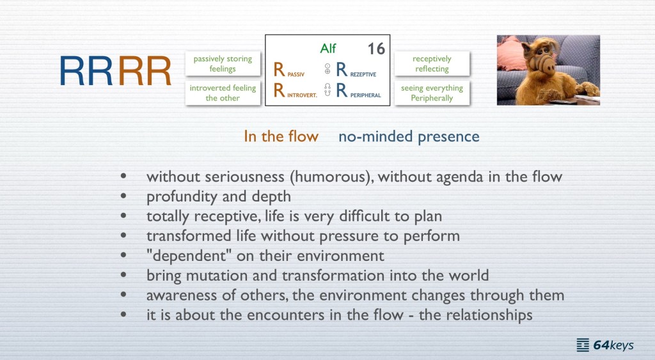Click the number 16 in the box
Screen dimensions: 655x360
coord(376,49)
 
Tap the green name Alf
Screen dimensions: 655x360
coord(328,49)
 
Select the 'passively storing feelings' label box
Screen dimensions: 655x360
coord(223,63)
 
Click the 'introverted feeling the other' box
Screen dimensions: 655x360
coord(223,93)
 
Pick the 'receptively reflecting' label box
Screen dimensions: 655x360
coord(432,63)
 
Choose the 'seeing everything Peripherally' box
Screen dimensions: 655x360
coord(432,93)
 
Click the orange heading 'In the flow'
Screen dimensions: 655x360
coord(281,137)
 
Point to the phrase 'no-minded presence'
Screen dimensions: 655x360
coord(409,137)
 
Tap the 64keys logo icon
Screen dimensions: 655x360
coord(583,345)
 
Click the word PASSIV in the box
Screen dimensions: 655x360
coord(296,74)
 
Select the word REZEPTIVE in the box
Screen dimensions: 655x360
coord(363,74)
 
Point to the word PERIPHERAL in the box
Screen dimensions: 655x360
coord(365,95)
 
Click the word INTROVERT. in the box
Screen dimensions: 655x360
coord(302,95)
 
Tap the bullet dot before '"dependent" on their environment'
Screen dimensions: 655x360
coord(123,255)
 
